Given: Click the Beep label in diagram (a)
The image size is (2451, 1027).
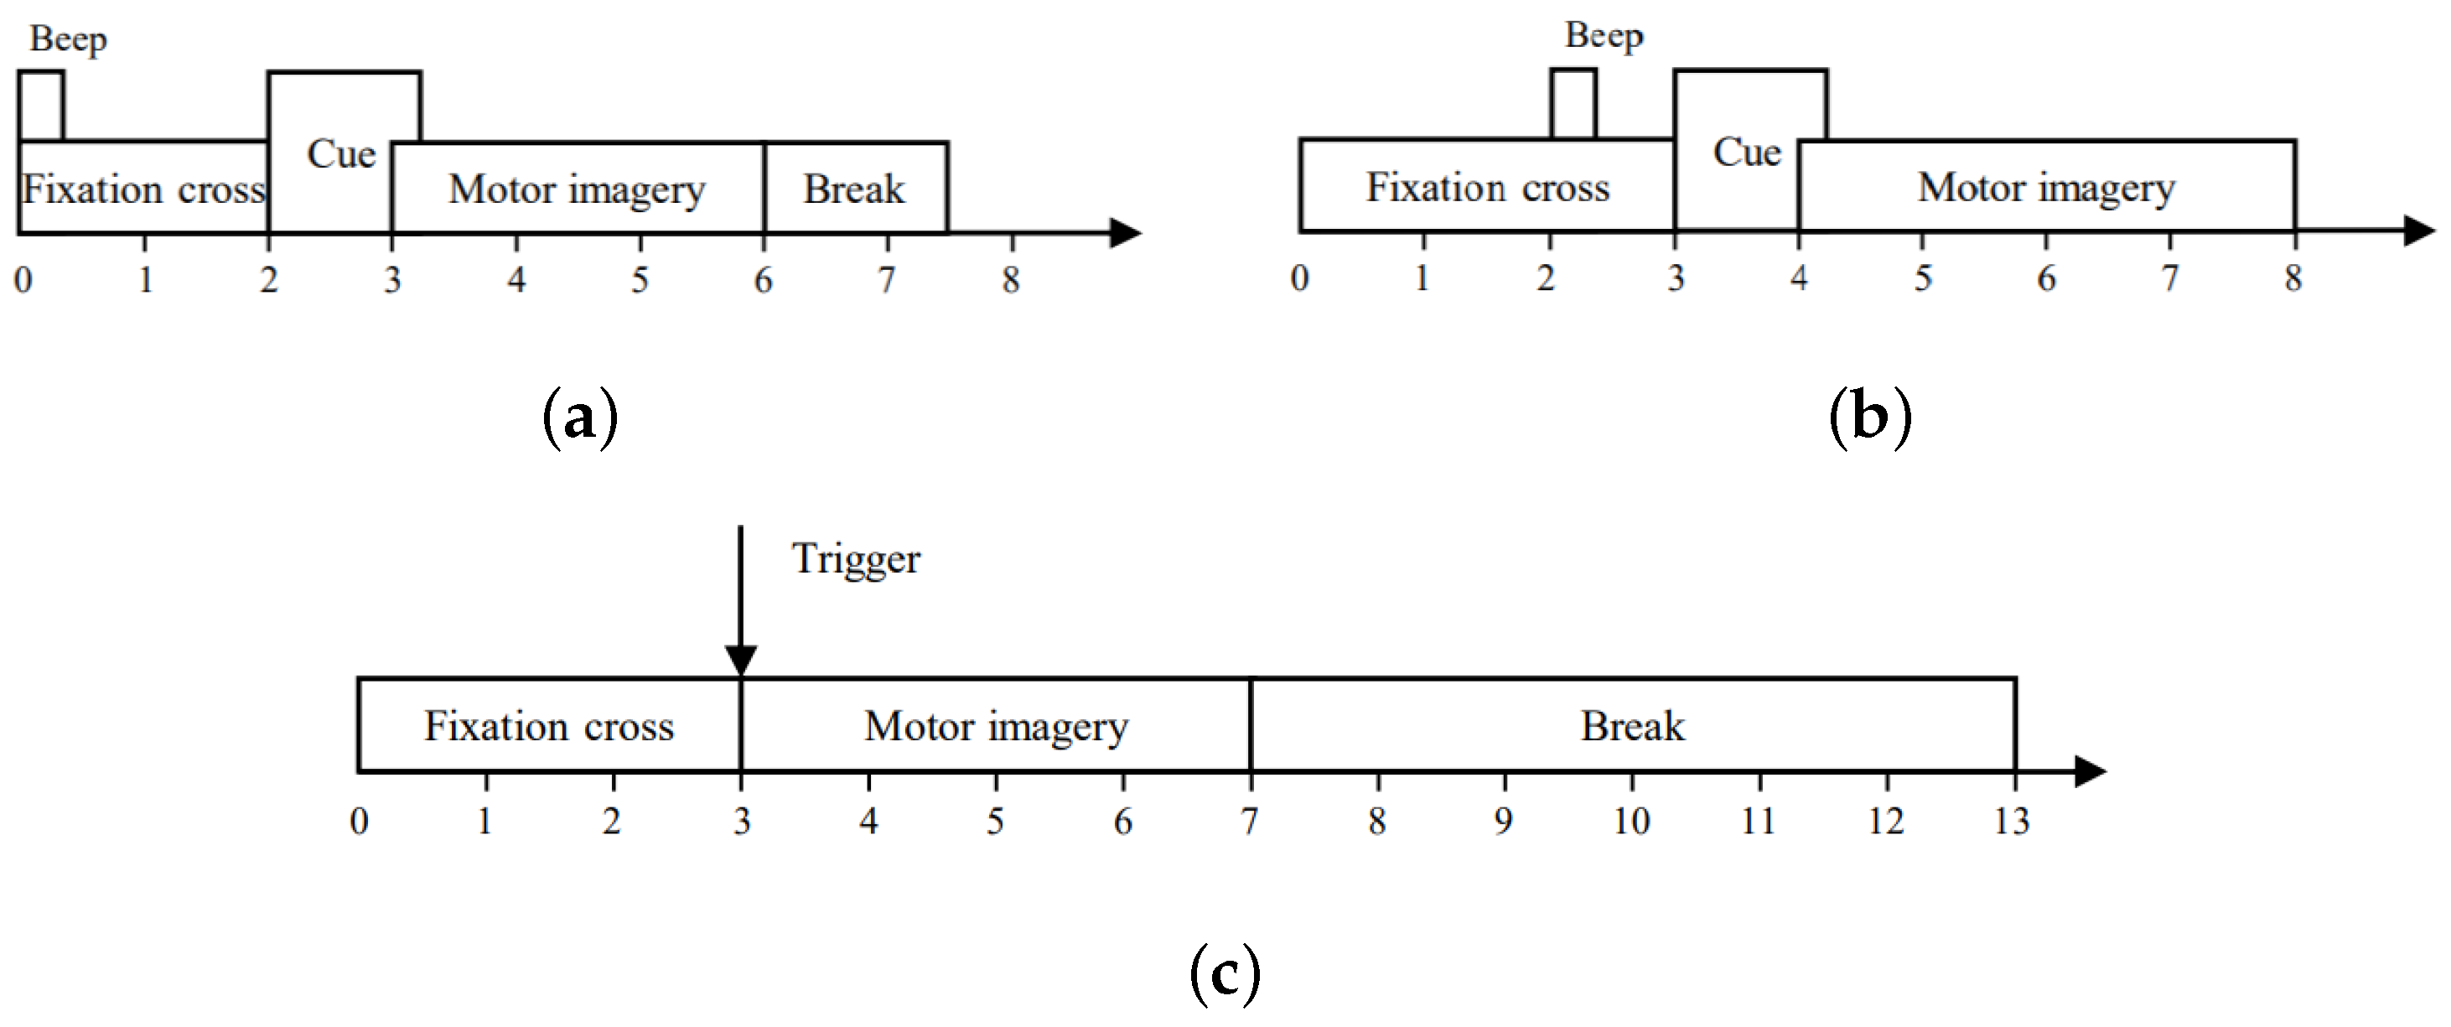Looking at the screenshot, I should (68, 40).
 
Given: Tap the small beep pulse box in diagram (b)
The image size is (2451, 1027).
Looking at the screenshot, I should (1573, 104).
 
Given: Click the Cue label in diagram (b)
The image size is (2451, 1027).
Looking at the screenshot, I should (1747, 153).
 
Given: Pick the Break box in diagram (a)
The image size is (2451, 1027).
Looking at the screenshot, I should (854, 189).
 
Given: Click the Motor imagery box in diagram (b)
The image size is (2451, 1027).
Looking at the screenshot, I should (2045, 188).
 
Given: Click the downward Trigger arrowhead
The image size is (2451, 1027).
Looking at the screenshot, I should (740, 660).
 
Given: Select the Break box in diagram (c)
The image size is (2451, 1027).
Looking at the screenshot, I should (1632, 726).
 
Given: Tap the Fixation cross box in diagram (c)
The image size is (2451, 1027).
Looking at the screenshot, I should (548, 726).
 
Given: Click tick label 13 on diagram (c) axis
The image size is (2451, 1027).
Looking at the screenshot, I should (2012, 821).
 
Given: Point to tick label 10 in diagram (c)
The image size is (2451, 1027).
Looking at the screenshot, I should (1631, 821).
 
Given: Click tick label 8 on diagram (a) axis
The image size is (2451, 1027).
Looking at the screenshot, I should (1010, 280).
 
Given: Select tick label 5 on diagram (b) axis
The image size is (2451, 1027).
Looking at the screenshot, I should (1923, 278).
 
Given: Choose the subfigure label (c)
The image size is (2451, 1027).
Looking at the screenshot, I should (1225, 973).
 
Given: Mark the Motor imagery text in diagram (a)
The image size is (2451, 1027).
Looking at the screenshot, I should (577, 189).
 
